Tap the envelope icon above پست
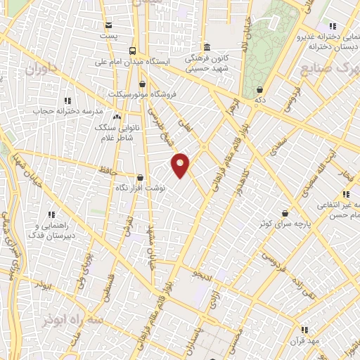click(x=108, y=25)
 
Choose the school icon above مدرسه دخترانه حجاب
click(x=67, y=101)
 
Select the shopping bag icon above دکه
click(x=260, y=90)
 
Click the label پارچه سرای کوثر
click(x=285, y=223)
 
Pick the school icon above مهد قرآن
click(x=304, y=329)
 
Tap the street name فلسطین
click(x=108, y=287)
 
